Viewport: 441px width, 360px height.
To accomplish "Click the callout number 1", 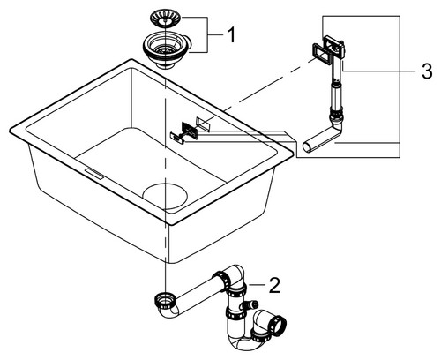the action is [231, 35].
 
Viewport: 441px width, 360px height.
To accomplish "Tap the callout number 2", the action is [274, 285].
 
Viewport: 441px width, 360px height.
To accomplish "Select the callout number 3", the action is [427, 71].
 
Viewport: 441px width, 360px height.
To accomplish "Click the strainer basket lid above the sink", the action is [167, 18].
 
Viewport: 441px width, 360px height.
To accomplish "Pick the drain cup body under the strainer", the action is [167, 50].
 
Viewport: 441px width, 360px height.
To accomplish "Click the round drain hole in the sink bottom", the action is [165, 196].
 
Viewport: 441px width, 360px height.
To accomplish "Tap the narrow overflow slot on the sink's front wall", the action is [94, 174].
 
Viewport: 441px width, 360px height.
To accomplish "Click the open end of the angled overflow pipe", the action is [307, 147].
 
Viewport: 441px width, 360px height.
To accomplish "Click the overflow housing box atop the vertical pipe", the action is [334, 47].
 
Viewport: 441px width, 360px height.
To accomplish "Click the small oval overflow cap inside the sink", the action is [177, 137].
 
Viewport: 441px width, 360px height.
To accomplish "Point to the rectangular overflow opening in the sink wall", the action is [203, 123].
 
